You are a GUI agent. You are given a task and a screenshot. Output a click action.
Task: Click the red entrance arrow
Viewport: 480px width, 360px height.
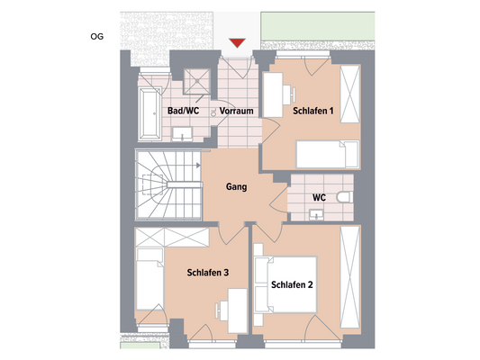pyautogui.click(x=238, y=42)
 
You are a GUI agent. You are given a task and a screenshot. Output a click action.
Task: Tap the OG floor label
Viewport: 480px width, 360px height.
pyautogui.click(x=97, y=37)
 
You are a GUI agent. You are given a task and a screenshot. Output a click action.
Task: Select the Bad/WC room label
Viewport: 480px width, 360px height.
pyautogui.click(x=184, y=111)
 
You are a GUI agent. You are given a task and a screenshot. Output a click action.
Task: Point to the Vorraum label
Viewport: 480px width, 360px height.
pyautogui.click(x=236, y=111)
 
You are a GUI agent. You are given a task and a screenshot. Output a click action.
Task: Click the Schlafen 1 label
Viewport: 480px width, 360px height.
pyautogui.click(x=312, y=111)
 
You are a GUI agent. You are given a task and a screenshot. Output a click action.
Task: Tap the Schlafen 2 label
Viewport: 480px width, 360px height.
pyautogui.click(x=292, y=285)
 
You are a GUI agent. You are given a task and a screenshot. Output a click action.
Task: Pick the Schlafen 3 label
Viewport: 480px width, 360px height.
pyautogui.click(x=208, y=273)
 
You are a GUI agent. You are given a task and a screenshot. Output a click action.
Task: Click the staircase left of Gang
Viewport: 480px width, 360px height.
pyautogui.click(x=165, y=184)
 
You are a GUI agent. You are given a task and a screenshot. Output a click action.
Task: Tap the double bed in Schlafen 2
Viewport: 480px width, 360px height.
pyautogui.click(x=286, y=285)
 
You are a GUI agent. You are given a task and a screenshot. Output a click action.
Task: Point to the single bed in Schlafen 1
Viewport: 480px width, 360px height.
pyautogui.click(x=328, y=154)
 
